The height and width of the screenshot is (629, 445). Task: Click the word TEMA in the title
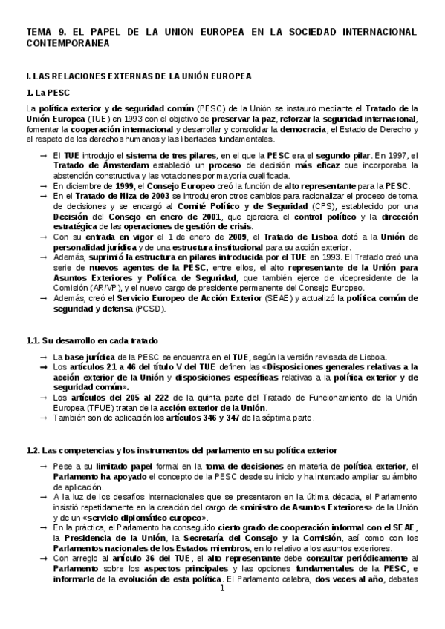click(39, 33)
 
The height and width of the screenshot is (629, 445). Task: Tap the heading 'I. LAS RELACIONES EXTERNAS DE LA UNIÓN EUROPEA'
click(138, 76)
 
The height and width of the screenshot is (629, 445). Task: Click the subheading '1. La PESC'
click(47, 92)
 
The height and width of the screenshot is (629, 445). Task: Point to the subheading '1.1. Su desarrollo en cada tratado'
click(91, 340)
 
